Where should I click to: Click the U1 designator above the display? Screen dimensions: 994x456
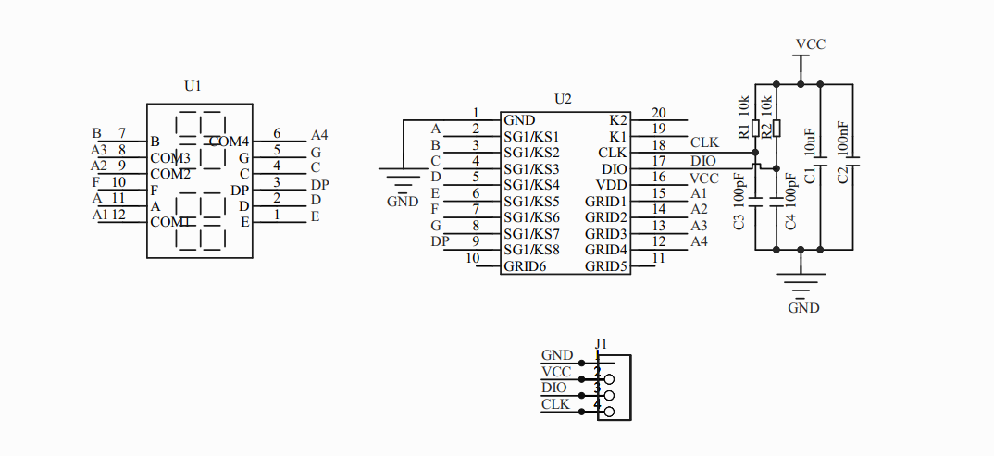pyautogui.click(x=193, y=86)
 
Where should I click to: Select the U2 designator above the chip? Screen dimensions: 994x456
pyautogui.click(x=563, y=99)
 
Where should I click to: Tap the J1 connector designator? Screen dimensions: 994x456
pyautogui.click(x=601, y=344)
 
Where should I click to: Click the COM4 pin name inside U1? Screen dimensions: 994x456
pyautogui.click(x=229, y=142)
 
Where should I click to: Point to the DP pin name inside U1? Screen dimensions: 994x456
pyautogui.click(x=239, y=190)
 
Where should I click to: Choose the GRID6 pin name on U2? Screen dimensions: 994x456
pyautogui.click(x=525, y=266)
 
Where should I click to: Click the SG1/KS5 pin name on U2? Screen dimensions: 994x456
pyautogui.click(x=532, y=202)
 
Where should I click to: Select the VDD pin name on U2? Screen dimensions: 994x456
pyautogui.click(x=611, y=185)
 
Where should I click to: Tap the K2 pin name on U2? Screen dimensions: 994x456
pyautogui.click(x=618, y=120)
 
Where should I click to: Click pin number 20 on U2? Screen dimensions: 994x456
pyautogui.click(x=659, y=113)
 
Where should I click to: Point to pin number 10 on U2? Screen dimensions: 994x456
pyautogui.click(x=473, y=258)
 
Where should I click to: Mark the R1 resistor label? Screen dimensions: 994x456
pyautogui.click(x=744, y=131)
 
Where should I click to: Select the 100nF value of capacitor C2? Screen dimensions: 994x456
pyautogui.click(x=842, y=138)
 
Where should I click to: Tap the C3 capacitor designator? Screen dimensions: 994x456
pyautogui.click(x=739, y=222)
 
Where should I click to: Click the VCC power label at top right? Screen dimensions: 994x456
pyautogui.click(x=811, y=44)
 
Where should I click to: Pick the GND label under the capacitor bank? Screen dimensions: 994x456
pyautogui.click(x=804, y=308)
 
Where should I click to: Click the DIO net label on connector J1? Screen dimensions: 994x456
pyautogui.click(x=554, y=388)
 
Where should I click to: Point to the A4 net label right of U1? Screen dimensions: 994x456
pyautogui.click(x=319, y=135)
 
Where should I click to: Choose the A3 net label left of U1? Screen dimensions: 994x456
pyautogui.click(x=99, y=150)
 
